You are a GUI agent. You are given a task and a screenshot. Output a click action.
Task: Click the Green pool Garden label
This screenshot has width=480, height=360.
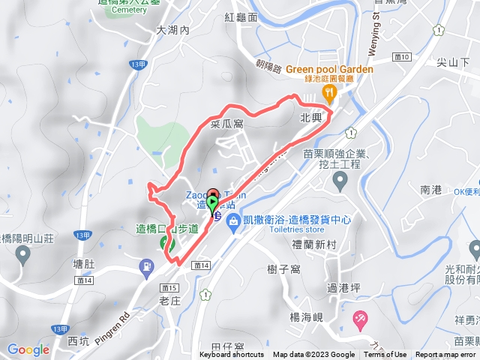pos(328,70)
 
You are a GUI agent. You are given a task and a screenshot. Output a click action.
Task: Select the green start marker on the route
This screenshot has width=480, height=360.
pos(212,204)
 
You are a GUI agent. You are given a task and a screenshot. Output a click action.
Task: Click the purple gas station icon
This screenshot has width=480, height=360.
pos(145,265)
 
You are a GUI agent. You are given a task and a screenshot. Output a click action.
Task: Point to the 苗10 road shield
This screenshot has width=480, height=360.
pos(402,56)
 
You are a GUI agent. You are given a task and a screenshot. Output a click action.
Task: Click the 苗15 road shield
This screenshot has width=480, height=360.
pos(169,287)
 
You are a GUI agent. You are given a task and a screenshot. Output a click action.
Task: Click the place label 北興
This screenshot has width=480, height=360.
pos(310,118)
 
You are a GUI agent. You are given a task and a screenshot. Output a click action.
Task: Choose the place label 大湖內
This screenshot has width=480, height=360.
pos(173,31)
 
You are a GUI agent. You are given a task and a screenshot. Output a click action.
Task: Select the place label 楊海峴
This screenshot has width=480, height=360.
pos(306,317)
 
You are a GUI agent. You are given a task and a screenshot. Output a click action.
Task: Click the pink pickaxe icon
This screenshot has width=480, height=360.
pos(360,319)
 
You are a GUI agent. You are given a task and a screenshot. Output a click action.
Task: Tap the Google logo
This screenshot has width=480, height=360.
pos(28,349)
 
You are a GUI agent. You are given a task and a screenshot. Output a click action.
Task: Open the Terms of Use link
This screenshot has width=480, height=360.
pos(385,355)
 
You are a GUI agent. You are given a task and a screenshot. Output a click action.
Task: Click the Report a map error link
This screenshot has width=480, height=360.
pos(445,355)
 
